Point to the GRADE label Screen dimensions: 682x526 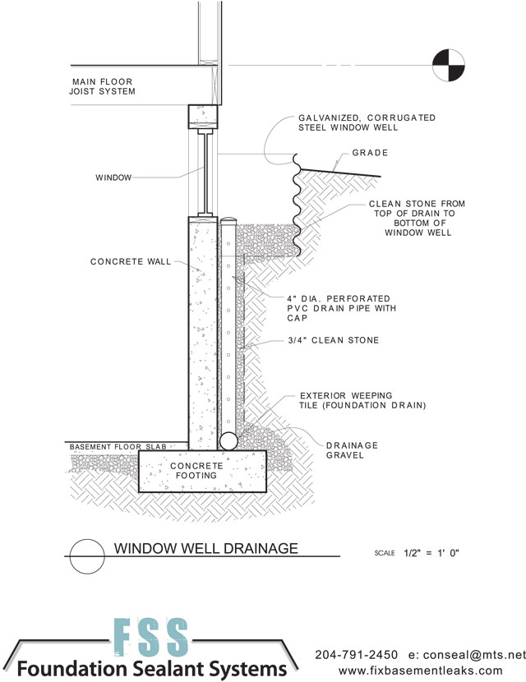[370, 153]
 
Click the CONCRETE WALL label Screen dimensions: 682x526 [130, 262]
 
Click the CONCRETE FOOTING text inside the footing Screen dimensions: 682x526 [197, 471]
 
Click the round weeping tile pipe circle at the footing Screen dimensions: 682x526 [228, 440]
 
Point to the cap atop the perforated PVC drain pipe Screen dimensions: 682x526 [229, 222]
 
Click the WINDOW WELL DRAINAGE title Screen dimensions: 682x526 [205, 548]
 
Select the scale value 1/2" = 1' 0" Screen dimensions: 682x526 [431, 553]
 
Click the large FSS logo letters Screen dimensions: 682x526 [150, 635]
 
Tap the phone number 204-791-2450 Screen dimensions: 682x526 [356, 655]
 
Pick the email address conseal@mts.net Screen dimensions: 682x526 [477, 655]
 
